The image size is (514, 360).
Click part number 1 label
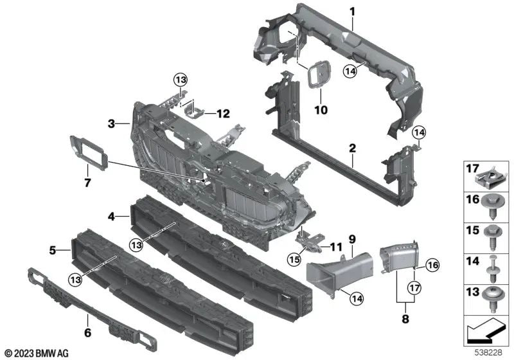pyautogui.click(x=352, y=11)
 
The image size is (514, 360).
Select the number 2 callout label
pyautogui.click(x=352, y=148)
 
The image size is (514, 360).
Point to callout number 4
pyautogui.click(x=111, y=217)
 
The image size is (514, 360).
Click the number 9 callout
pyautogui.click(x=351, y=239)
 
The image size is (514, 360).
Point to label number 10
pyautogui.click(x=320, y=110)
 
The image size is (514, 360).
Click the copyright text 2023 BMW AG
pyautogui.click(x=37, y=353)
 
